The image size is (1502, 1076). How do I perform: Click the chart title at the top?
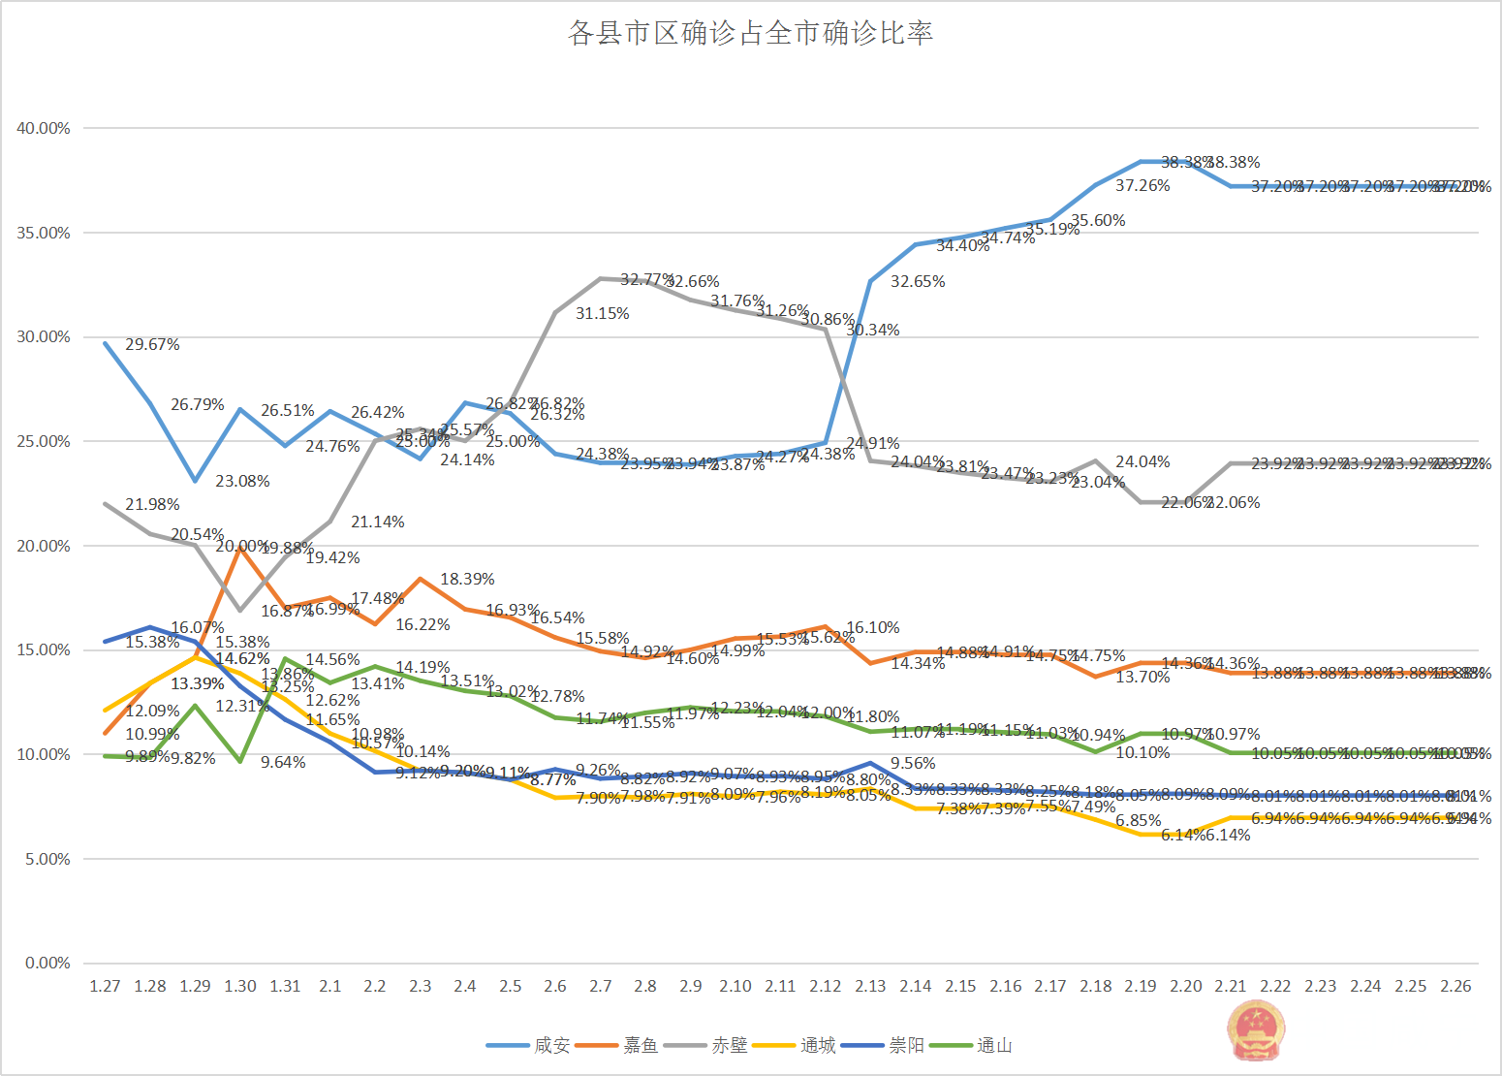pyautogui.click(x=750, y=34)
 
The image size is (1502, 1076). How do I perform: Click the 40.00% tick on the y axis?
pyautogui.click(x=44, y=128)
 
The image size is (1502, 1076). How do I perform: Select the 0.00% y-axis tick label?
pyautogui.click(x=47, y=963)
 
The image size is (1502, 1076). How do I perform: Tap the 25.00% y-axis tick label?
pyautogui.click(x=44, y=441)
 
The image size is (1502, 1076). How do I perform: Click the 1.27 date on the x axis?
pyautogui.click(x=105, y=986)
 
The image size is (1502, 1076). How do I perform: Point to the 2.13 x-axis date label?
pyautogui.click(x=870, y=986)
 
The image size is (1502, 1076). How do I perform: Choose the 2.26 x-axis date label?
pyautogui.click(x=1455, y=986)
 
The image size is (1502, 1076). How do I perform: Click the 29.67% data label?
pyautogui.click(x=152, y=345)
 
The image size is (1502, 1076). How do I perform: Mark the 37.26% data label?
pyautogui.click(x=1142, y=186)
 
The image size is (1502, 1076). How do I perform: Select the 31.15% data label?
pyautogui.click(x=602, y=314)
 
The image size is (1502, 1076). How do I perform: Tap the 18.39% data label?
pyautogui.click(x=467, y=580)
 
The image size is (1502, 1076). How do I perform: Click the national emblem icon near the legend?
pyautogui.click(x=1256, y=1030)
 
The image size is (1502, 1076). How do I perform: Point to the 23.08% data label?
pyautogui.click(x=242, y=482)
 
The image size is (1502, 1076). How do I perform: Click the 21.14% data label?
pyautogui.click(x=378, y=522)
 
